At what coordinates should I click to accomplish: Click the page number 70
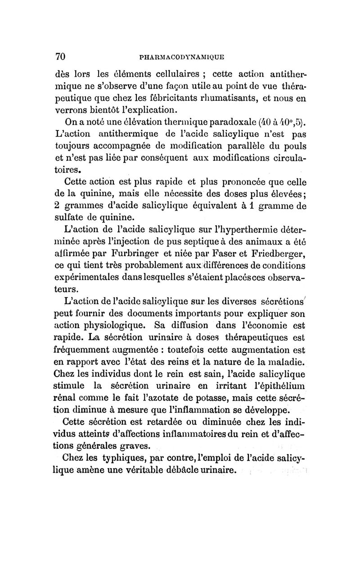click(x=61, y=56)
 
